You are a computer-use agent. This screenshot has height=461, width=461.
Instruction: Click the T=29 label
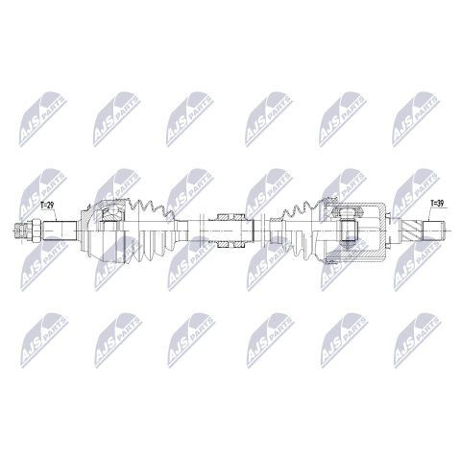(47, 206)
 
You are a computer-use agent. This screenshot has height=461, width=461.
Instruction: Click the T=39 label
(437, 204)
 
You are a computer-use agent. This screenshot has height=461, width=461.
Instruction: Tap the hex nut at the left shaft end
(36, 230)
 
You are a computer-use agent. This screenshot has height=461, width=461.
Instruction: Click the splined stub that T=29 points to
(60, 230)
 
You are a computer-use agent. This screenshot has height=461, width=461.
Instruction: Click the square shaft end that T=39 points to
(434, 230)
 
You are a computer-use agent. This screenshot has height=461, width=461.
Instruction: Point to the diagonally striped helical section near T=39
(412, 230)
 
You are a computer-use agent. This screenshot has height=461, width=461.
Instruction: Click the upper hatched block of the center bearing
(230, 217)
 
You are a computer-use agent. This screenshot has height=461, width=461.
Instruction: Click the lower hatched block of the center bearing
(230, 244)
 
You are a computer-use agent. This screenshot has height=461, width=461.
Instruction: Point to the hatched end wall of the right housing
(382, 230)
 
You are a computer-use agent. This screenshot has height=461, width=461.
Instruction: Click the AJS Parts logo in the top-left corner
(43, 119)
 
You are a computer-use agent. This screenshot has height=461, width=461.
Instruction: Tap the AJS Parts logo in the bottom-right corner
(417, 340)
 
